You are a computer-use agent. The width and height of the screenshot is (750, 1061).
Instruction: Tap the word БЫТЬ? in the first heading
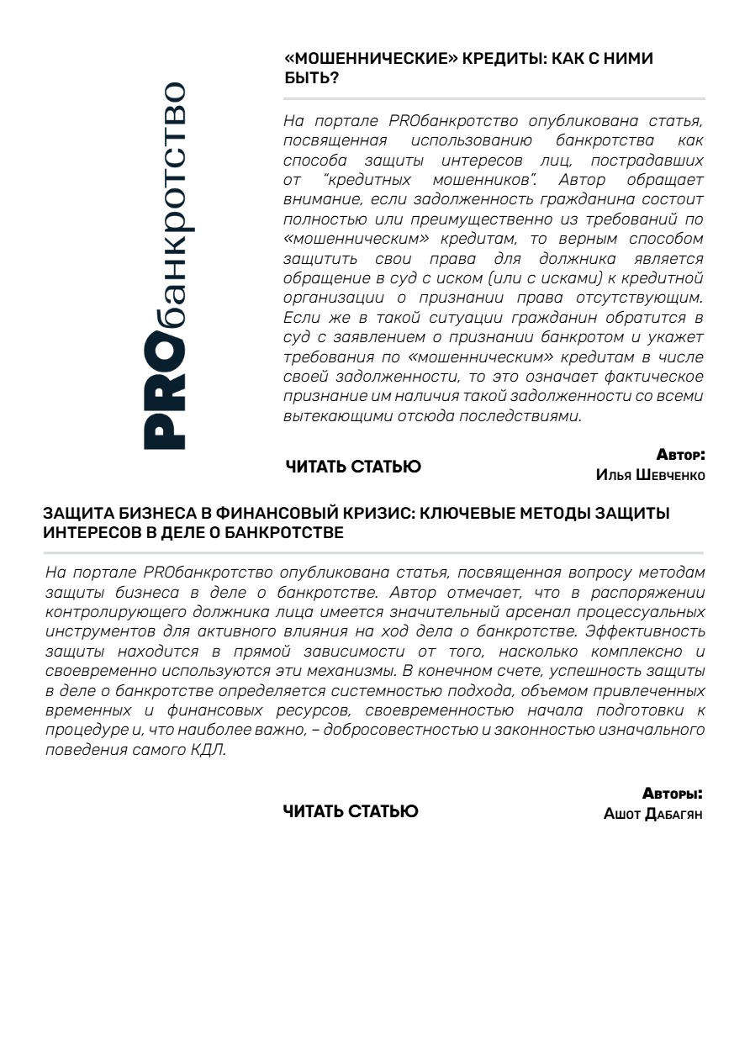point(312,77)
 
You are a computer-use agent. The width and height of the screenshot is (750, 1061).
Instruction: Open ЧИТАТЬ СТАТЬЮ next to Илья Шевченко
point(353,467)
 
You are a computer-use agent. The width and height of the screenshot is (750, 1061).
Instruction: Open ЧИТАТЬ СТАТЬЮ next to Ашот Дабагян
point(351,811)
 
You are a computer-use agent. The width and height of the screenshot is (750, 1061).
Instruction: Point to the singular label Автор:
point(680,456)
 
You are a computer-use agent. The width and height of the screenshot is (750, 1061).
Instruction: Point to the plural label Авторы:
point(673,794)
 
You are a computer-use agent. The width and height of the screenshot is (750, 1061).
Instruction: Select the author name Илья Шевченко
point(650,475)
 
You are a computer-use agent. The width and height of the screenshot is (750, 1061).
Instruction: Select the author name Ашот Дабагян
point(652,814)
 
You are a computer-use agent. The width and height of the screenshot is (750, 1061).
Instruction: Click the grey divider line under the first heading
point(494,98)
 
